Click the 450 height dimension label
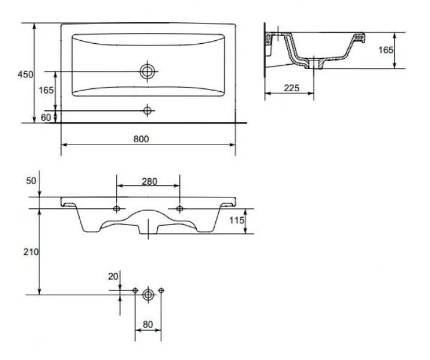pyautogui.click(x=25, y=74)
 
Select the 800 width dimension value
pyautogui.click(x=141, y=139)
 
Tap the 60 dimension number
pyautogui.click(x=46, y=117)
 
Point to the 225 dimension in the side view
pyautogui.click(x=291, y=88)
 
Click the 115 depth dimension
pyautogui.click(x=237, y=221)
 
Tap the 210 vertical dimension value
pyautogui.click(x=32, y=252)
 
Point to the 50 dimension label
pyautogui.click(x=32, y=181)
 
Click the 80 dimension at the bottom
pyautogui.click(x=148, y=325)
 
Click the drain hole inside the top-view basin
pyautogui.click(x=148, y=71)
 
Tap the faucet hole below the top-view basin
pyautogui.click(x=148, y=110)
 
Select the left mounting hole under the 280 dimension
pyautogui.click(x=117, y=208)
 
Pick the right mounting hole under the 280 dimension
pyautogui.click(x=179, y=208)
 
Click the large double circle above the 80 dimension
pyautogui.click(x=148, y=294)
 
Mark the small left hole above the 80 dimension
pyautogui.click(x=136, y=291)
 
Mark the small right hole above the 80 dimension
pyautogui.click(x=161, y=291)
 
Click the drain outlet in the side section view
pyautogui.click(x=314, y=62)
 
